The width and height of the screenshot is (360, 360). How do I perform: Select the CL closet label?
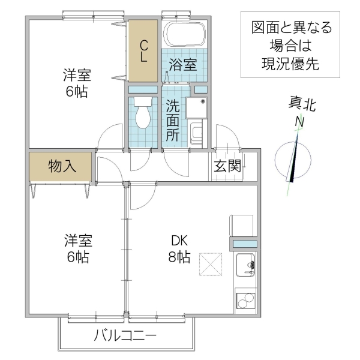[x=144, y=52]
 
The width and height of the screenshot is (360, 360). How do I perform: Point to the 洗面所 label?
[x=173, y=119]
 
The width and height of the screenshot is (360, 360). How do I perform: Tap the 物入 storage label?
[x=62, y=166]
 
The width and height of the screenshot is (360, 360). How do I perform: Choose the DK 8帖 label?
[x=179, y=249]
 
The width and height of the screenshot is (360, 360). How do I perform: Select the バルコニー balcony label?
[x=125, y=335]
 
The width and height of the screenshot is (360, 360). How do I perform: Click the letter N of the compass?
[x=298, y=123]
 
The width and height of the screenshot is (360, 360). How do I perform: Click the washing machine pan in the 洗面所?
[x=196, y=109]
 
